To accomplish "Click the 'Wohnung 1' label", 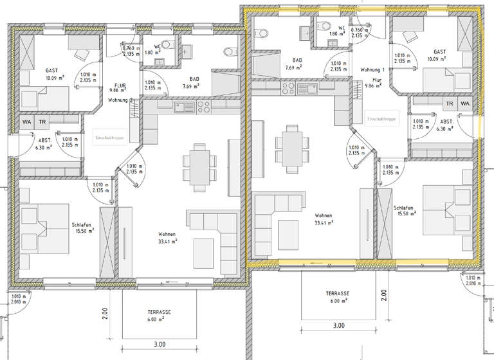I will pos(372,69).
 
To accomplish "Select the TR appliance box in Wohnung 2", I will pos(42,122).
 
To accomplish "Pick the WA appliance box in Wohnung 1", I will pos(465,104).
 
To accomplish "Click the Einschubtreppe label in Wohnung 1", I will pos(382,120).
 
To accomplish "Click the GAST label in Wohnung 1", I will pos(440,52).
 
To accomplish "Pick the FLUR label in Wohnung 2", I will pos(119,85).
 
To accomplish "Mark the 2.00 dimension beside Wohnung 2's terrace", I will pos(104,314).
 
